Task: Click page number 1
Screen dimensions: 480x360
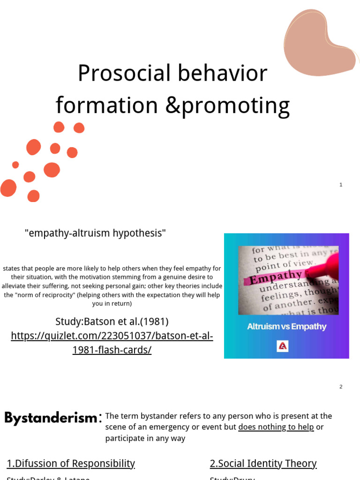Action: click(x=341, y=185)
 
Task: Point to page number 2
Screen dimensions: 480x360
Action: click(x=341, y=387)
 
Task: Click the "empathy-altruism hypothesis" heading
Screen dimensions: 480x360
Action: click(x=96, y=233)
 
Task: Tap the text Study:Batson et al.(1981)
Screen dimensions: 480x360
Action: click(x=112, y=322)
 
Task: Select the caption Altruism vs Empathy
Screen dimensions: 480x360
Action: click(x=286, y=326)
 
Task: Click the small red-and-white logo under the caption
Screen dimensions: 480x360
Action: click(x=282, y=346)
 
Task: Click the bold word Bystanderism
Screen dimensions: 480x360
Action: click(x=51, y=418)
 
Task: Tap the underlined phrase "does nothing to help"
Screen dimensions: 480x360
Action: click(x=276, y=427)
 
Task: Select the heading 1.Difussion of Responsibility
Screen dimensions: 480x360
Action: click(x=71, y=464)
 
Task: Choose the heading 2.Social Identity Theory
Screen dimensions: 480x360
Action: click(x=263, y=464)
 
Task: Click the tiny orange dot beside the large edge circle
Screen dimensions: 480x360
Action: click(x=15, y=165)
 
